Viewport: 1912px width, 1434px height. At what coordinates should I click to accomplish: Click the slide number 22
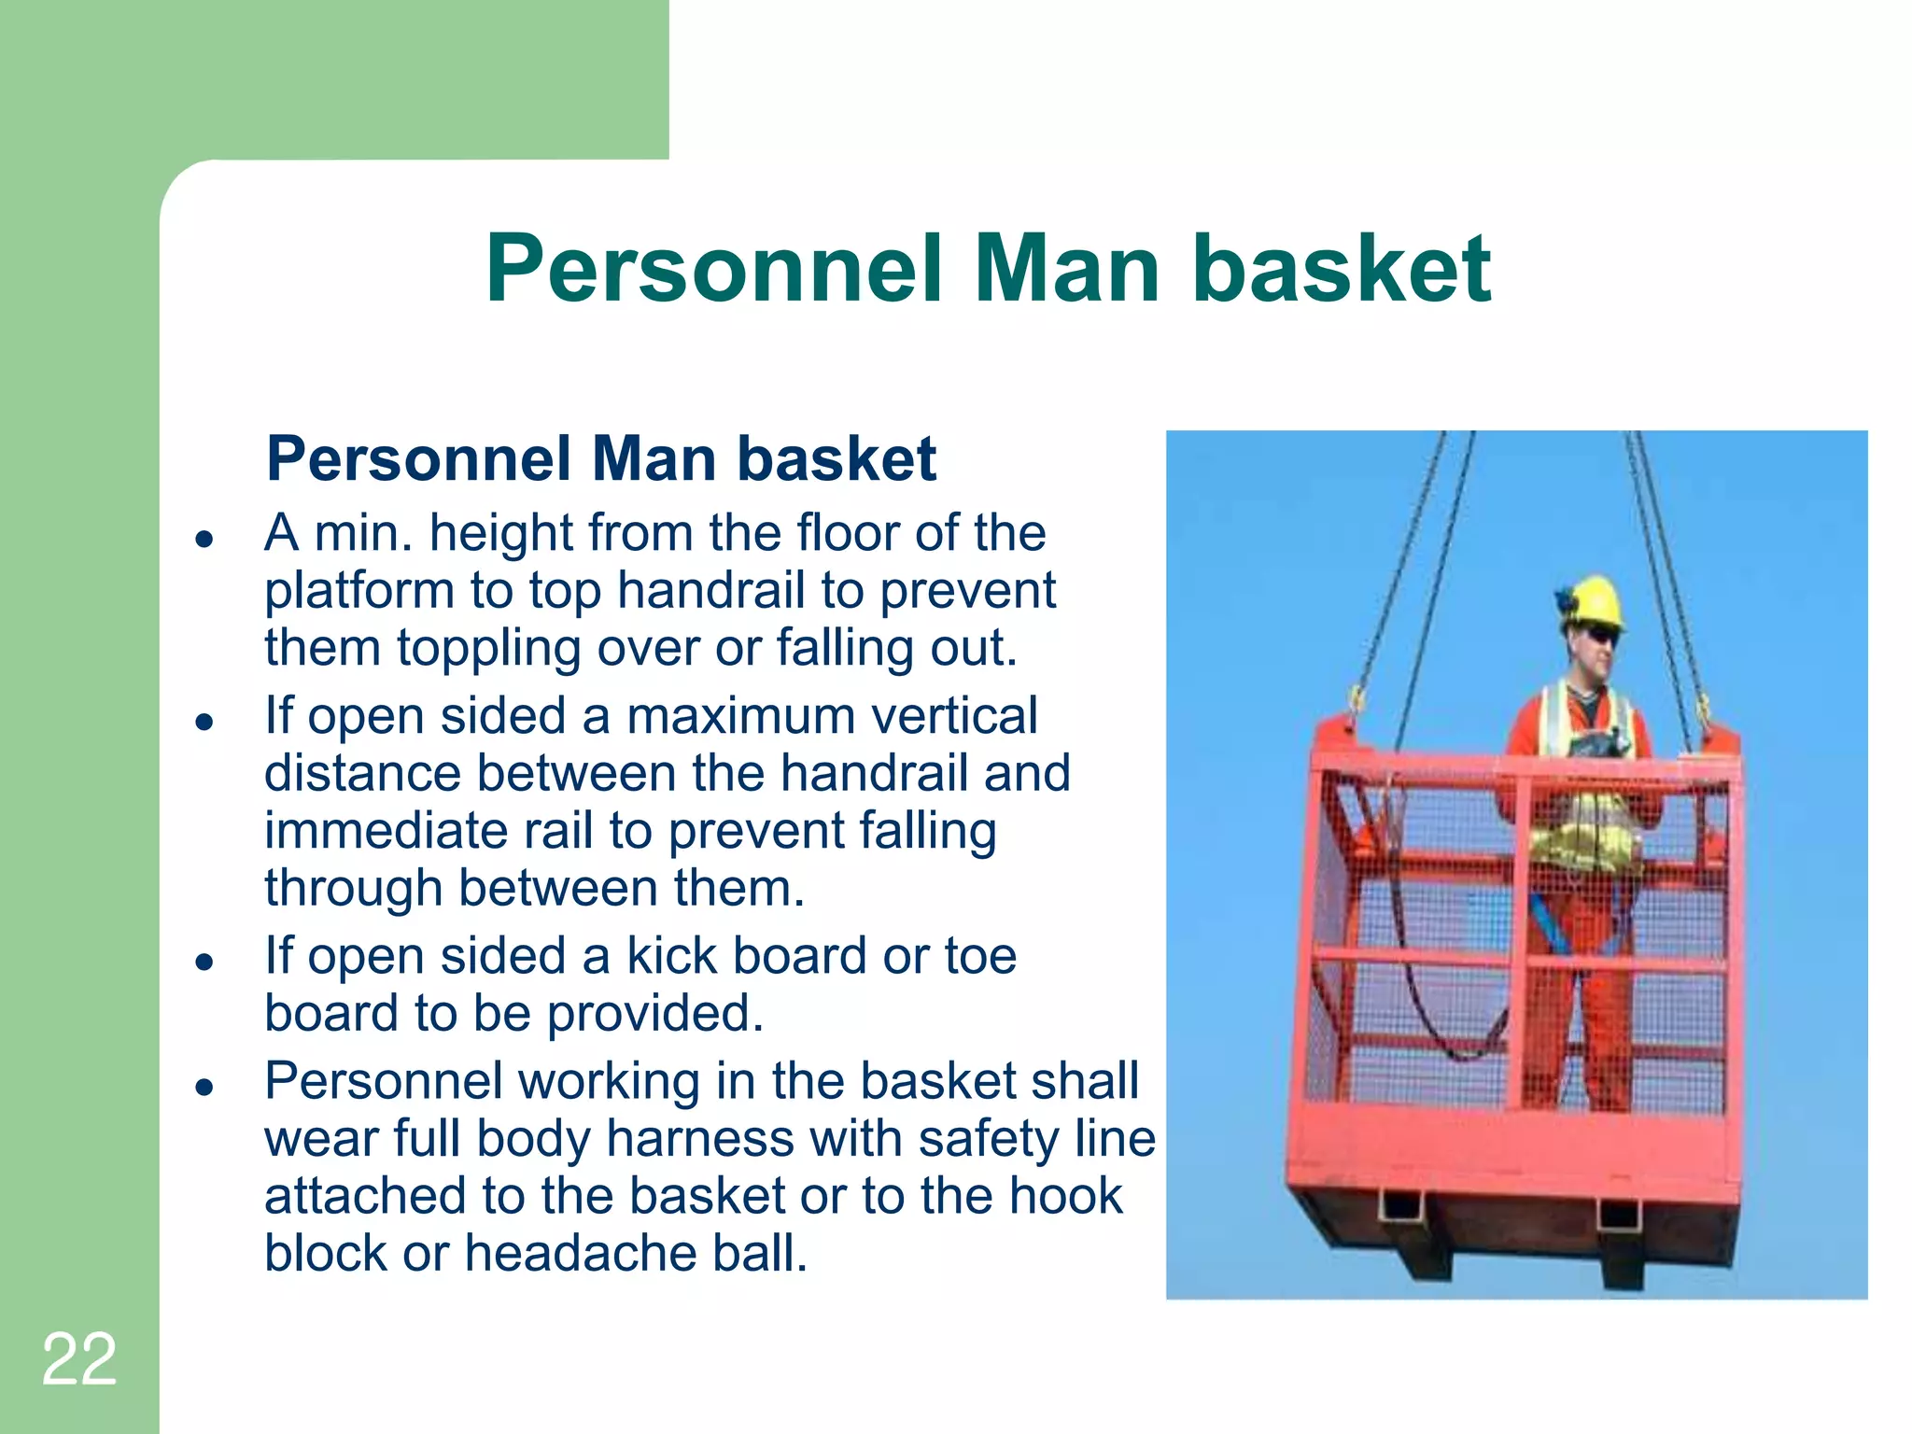79,1359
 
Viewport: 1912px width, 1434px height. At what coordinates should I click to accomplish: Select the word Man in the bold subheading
654,459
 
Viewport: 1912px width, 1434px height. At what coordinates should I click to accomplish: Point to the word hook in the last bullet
1068,1196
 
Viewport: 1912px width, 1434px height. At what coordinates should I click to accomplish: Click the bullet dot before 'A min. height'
204,539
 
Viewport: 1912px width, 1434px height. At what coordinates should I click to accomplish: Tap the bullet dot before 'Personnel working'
204,1087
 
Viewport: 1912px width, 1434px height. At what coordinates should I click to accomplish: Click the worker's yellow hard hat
1594,599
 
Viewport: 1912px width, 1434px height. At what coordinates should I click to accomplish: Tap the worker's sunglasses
1602,637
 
